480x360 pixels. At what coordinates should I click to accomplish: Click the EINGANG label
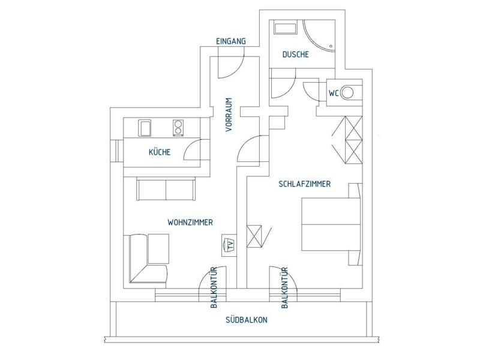(231, 41)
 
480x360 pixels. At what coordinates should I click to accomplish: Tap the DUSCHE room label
(295, 55)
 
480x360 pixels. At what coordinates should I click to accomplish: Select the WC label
(334, 93)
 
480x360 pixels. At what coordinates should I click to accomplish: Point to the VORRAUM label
(229, 115)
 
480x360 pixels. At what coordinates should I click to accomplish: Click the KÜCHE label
(160, 152)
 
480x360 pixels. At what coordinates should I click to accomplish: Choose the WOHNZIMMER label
(190, 222)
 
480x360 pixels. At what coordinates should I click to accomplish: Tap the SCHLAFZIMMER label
(305, 184)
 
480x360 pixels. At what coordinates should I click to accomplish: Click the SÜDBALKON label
(247, 320)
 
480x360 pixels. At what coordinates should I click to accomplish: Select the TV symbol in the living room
(229, 245)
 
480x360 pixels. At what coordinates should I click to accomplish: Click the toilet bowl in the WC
(347, 92)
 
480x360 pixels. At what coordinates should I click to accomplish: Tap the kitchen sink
(145, 128)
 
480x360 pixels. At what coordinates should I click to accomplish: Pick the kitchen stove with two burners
(178, 128)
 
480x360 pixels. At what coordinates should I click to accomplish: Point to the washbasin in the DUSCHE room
(286, 28)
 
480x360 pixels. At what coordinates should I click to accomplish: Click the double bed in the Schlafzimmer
(331, 224)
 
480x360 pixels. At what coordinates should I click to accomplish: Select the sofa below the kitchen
(166, 188)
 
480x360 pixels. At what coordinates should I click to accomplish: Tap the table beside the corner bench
(158, 249)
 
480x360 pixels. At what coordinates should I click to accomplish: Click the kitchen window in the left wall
(116, 151)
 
